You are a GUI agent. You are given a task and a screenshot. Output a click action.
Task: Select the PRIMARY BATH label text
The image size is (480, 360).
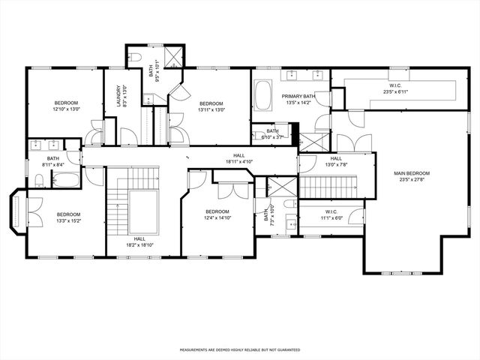pos(298,97)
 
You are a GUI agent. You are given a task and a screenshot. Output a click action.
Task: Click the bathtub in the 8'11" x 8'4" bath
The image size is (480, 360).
pos(65,180)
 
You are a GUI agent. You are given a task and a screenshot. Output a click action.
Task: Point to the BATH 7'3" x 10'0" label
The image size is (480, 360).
pos(265,217)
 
